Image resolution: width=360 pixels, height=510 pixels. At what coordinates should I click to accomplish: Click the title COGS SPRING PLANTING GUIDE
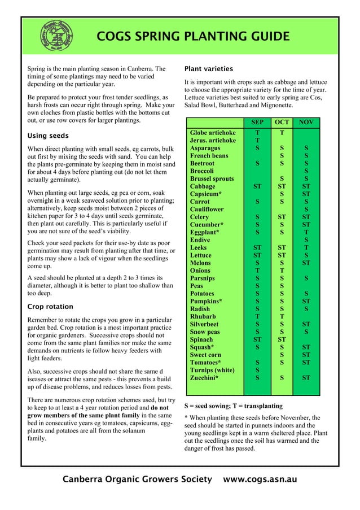click(193, 37)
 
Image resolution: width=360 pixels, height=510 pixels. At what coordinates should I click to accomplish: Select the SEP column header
click(257, 121)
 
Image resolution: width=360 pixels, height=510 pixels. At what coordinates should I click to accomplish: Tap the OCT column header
click(281, 121)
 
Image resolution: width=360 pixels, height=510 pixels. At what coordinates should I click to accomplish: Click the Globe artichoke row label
click(212, 132)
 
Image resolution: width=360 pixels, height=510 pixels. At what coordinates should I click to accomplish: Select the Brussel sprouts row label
click(212, 178)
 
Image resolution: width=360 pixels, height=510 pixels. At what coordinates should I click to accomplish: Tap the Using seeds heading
click(48, 136)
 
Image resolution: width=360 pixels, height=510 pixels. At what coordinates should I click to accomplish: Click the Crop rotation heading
click(50, 307)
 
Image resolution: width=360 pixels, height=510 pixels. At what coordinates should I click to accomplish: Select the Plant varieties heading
click(208, 69)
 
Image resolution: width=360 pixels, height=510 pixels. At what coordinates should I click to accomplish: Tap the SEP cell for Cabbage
click(257, 186)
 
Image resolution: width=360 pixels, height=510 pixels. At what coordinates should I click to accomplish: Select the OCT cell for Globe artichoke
click(281, 132)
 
